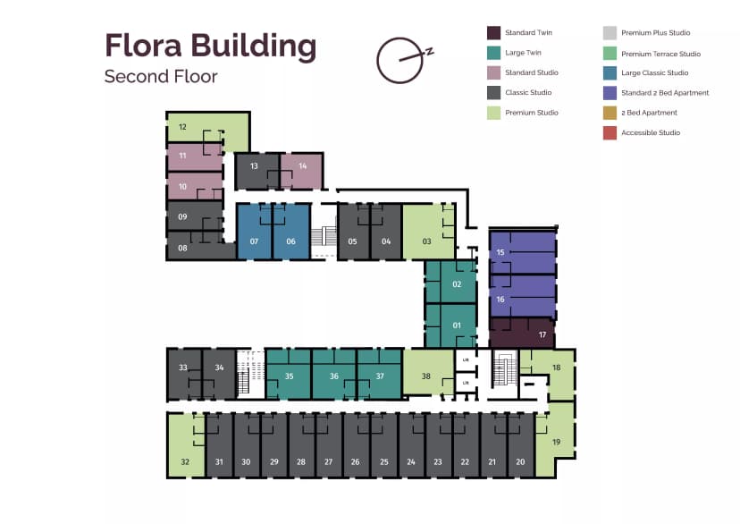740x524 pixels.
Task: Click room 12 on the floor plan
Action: pos(192,127)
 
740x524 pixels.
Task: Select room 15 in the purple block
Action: pos(523,252)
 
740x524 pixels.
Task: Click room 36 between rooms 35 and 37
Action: pos(333,374)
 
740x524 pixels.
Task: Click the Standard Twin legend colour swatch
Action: pos(493,32)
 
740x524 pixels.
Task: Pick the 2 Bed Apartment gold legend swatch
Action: pos(610,113)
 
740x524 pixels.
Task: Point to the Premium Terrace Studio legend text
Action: pos(660,53)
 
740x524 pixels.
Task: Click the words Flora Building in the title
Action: pos(210,44)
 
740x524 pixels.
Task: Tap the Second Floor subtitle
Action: pos(161,76)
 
